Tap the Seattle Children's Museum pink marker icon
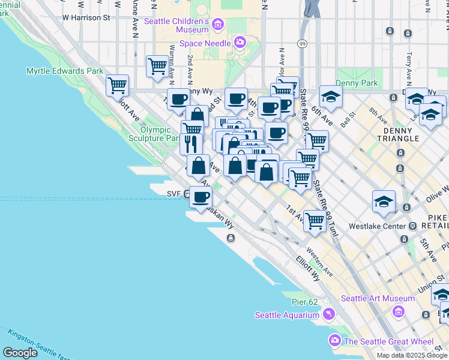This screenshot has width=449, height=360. point(217,25)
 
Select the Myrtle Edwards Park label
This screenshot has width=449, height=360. point(65,71)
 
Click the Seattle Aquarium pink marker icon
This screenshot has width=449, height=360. point(328,314)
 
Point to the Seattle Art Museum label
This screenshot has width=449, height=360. point(378,298)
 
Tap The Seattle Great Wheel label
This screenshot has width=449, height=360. point(388,341)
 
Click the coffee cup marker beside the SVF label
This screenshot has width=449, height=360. point(200,196)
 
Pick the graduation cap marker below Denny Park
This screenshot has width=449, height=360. point(330,96)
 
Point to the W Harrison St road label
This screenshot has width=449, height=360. point(86,18)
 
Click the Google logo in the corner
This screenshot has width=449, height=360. point(20,352)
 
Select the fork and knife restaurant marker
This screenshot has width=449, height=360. point(191,143)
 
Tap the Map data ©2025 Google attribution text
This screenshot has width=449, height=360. point(411,355)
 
